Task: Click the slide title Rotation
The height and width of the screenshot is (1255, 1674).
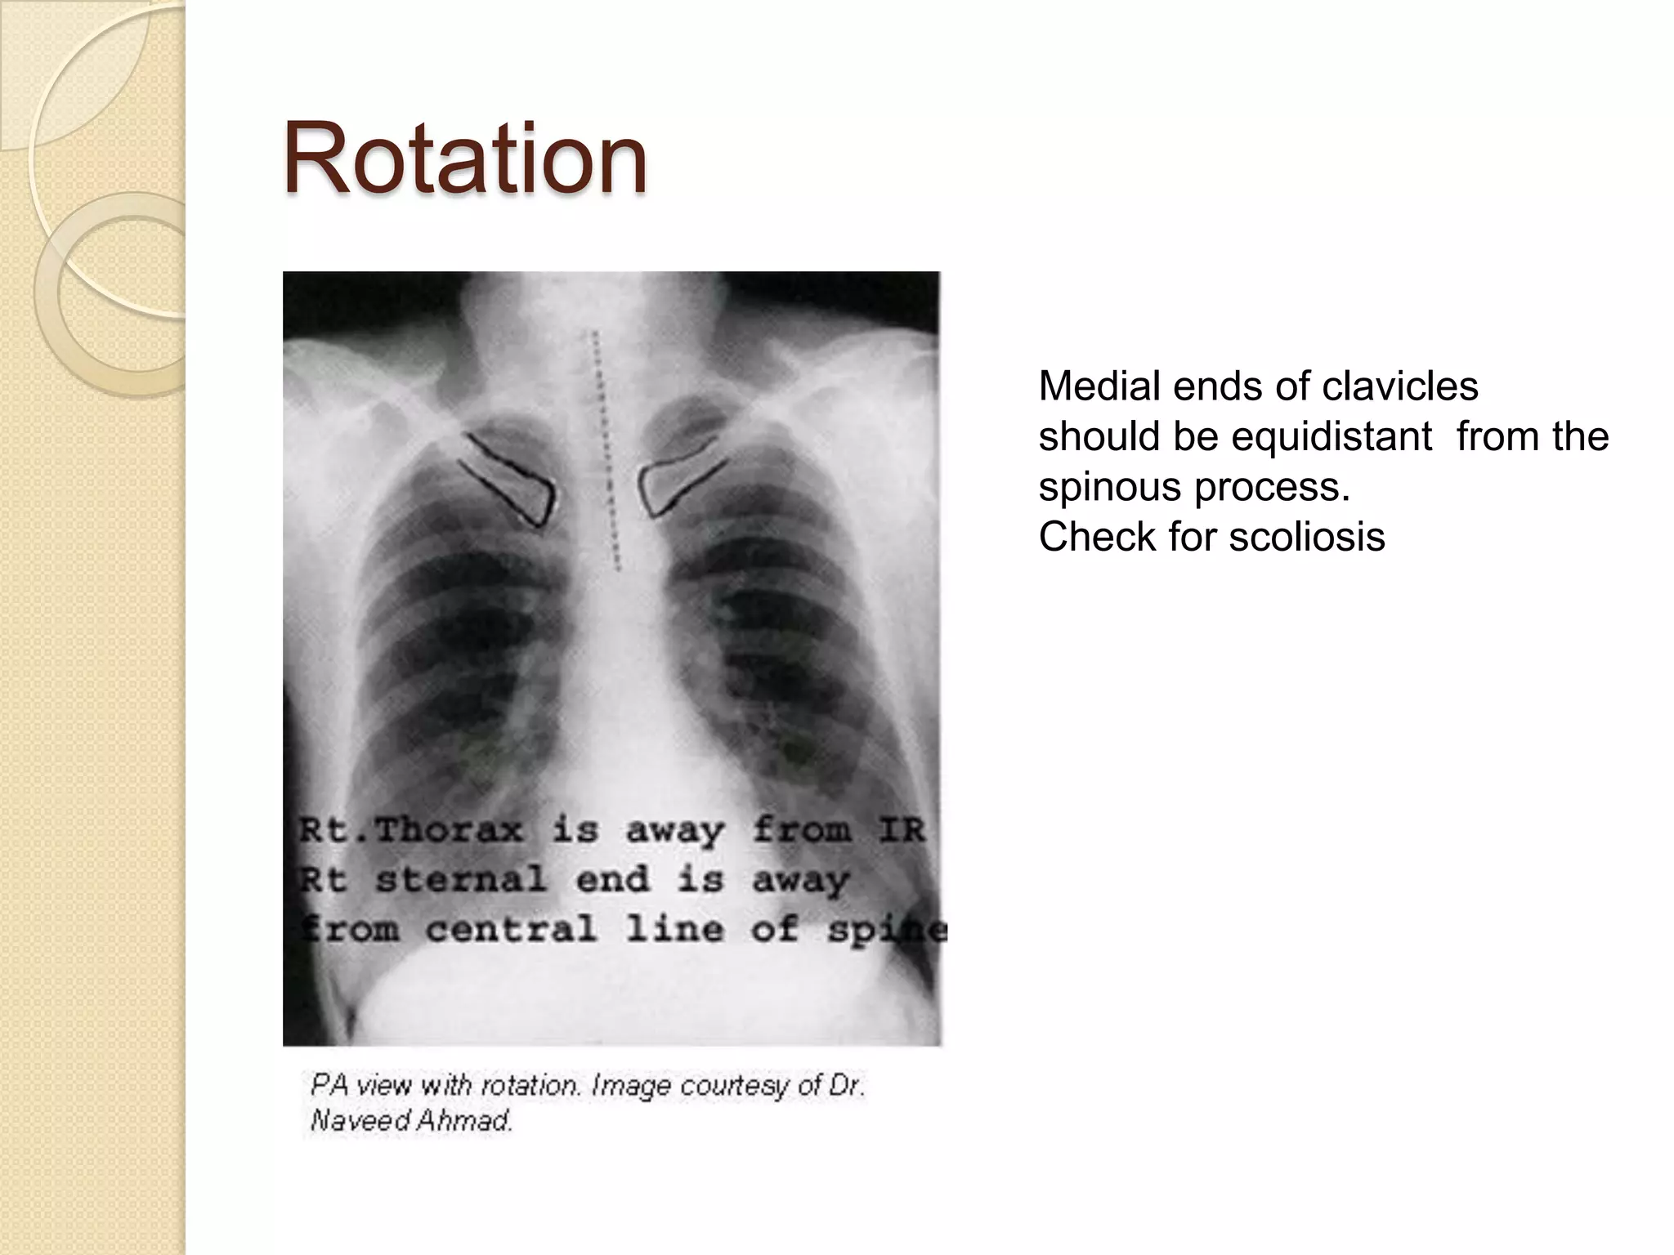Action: pos(464,159)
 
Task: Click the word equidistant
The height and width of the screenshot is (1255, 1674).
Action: pos(1332,436)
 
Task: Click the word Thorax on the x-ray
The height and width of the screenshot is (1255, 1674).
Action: pos(449,830)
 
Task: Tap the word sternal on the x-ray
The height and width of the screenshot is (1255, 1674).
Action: pos(461,880)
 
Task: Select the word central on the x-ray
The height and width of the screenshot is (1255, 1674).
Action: pos(511,929)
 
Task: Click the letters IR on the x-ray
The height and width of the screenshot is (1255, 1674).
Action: pos(901,830)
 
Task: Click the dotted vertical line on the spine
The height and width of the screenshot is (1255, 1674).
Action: pos(606,449)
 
